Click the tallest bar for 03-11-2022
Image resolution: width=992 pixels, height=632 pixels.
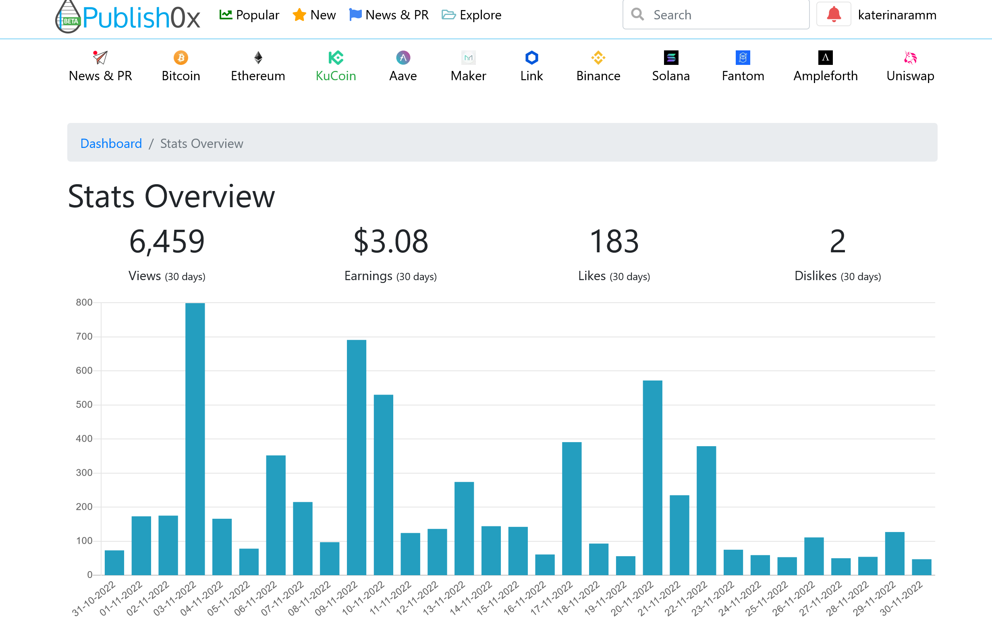[195, 439]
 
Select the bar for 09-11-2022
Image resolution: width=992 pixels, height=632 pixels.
[356, 457]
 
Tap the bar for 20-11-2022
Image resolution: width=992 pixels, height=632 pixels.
[653, 478]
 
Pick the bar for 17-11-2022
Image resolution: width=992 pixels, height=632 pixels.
[572, 508]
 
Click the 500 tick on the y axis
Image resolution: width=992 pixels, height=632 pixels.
[84, 405]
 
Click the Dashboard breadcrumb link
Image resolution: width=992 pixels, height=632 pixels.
[111, 143]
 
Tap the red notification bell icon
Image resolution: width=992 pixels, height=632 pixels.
[833, 15]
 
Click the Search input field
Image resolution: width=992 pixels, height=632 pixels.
[716, 15]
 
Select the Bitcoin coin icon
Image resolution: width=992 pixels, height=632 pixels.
[181, 58]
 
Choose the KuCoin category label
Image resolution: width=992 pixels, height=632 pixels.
[336, 76]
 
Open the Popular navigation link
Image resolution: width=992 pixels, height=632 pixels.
[249, 15]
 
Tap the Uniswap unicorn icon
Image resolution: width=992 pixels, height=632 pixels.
[910, 58]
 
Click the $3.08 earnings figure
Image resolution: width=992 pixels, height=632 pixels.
[390, 241]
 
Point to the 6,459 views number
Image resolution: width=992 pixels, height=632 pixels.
[167, 241]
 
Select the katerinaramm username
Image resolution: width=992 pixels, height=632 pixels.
[897, 15]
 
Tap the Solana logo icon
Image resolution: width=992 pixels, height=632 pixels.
[671, 58]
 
